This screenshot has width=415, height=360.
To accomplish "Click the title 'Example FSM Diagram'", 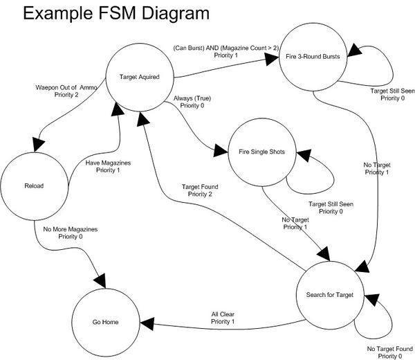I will point(107,14).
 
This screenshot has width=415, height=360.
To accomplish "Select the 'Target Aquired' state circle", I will point(141,76).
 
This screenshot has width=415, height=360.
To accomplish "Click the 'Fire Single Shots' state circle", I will point(263,152).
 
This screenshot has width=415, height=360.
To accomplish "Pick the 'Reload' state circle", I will point(35,186).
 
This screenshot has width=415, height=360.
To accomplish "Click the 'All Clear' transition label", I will point(223,318).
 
